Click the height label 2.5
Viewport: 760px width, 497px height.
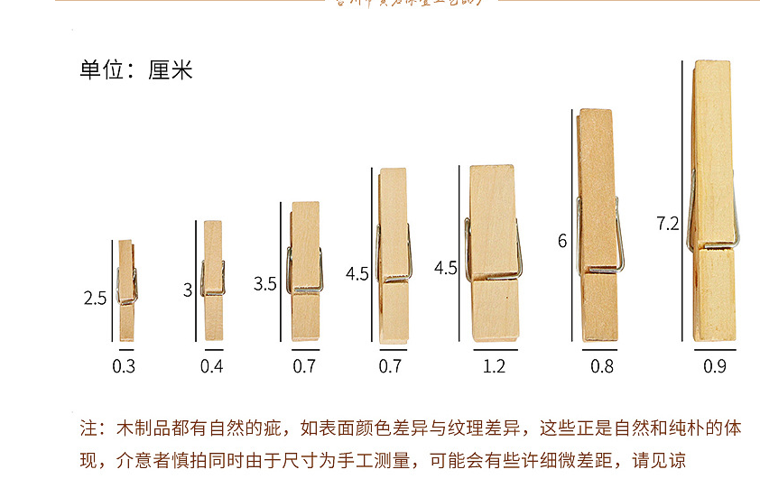click(96, 298)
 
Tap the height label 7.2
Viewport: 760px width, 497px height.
click(668, 223)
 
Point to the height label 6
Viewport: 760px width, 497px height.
click(562, 241)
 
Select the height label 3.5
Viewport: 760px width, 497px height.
click(265, 283)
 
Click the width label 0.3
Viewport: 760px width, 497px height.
click(124, 366)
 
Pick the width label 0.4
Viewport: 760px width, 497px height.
click(212, 366)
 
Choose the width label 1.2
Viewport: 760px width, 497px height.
click(494, 366)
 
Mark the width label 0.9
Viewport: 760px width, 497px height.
click(715, 366)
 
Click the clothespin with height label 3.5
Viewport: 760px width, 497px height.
click(305, 271)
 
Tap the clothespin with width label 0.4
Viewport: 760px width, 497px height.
click(213, 280)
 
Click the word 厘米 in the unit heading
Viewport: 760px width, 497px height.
click(171, 70)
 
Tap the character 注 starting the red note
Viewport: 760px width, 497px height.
click(88, 427)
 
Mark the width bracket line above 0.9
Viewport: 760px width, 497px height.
click(715, 349)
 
